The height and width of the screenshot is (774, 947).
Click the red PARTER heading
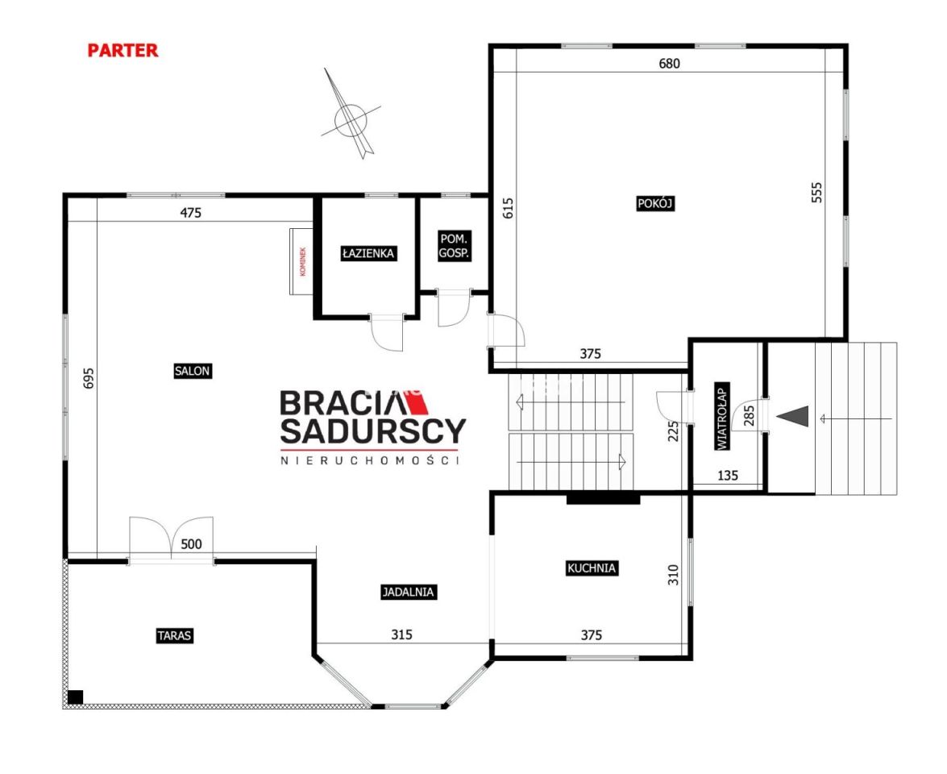pyautogui.click(x=123, y=50)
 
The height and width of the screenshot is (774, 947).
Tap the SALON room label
pyautogui.click(x=192, y=371)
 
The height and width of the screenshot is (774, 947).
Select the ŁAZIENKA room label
pyautogui.click(x=368, y=253)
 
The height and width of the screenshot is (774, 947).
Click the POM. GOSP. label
pyautogui.click(x=454, y=246)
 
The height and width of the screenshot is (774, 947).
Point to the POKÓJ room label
pyautogui.click(x=655, y=204)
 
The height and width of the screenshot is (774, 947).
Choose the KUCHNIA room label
pyautogui.click(x=592, y=568)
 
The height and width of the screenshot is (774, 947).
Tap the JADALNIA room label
pyautogui.click(x=409, y=592)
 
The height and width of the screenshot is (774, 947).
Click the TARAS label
pyautogui.click(x=175, y=635)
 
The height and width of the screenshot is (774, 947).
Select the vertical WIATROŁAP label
pyautogui.click(x=721, y=416)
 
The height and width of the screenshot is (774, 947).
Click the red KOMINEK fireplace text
pyautogui.click(x=303, y=261)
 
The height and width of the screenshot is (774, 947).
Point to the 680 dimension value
pyautogui.click(x=669, y=64)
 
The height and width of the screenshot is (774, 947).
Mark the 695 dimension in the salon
pyautogui.click(x=89, y=378)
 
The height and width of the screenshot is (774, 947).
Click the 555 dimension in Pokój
pyautogui.click(x=816, y=192)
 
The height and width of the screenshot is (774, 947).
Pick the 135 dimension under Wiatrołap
pyautogui.click(x=728, y=476)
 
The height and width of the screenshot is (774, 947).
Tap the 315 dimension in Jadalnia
pyautogui.click(x=401, y=635)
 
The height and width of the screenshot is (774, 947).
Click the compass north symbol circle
pyautogui.click(x=351, y=119)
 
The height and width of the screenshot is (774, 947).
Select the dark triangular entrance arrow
pyautogui.click(x=792, y=416)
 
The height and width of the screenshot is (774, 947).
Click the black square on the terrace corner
pyautogui.click(x=76, y=697)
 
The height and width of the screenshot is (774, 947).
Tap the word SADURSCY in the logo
pyautogui.click(x=373, y=431)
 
